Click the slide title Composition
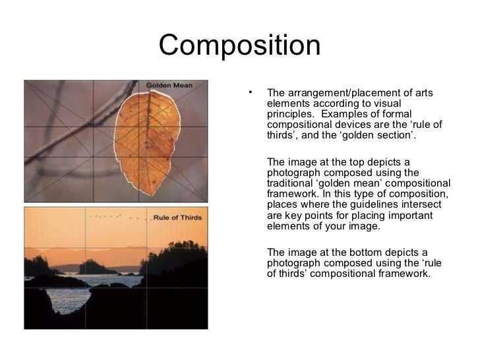point(239,45)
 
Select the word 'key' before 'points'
point(292,215)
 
